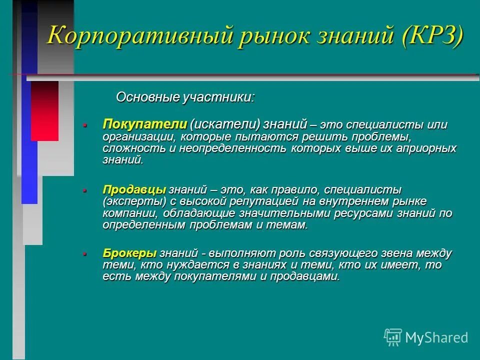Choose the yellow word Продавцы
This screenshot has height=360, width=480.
pyautogui.click(x=134, y=190)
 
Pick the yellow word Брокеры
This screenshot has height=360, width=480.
pyautogui.click(x=130, y=253)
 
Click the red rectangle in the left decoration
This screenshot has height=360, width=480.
pyautogui.click(x=44, y=110)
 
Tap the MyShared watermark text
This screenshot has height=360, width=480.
pyautogui.click(x=436, y=337)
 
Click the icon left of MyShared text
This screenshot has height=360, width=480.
pyautogui.click(x=393, y=337)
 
